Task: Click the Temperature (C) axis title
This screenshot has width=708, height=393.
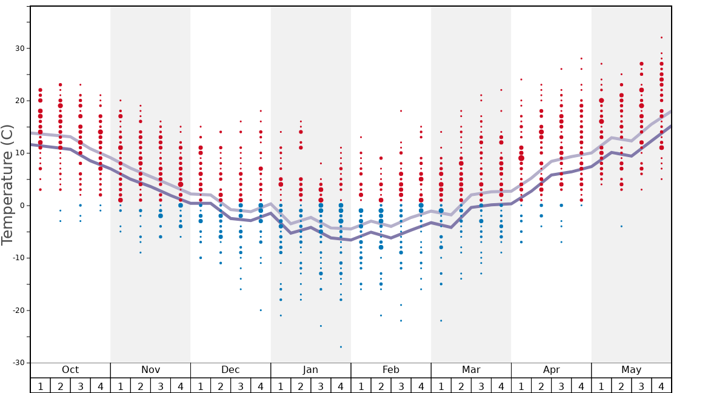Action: click(7, 184)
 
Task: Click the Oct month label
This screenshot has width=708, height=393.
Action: click(70, 370)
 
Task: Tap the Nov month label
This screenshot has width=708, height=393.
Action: click(150, 370)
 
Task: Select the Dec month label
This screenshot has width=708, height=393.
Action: click(230, 370)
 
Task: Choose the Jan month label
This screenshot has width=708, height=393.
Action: click(310, 370)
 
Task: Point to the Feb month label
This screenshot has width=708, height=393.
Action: click(391, 370)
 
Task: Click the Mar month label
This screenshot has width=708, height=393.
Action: click(471, 370)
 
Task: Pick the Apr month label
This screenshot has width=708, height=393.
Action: click(551, 370)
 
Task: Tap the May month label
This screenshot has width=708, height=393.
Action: click(631, 370)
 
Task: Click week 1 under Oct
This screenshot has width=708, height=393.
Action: click(41, 386)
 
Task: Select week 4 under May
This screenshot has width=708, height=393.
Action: click(661, 386)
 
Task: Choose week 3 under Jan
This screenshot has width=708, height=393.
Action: click(321, 386)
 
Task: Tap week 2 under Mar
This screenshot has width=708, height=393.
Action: click(461, 386)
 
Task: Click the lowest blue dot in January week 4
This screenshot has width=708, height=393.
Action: click(341, 347)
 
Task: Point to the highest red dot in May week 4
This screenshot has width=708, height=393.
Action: click(661, 38)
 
